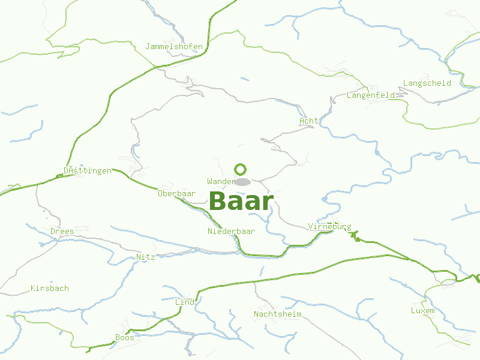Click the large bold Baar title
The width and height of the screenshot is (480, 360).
[241, 202]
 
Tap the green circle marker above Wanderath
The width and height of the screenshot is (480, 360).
[241, 169]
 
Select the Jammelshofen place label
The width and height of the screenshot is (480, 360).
[174, 46]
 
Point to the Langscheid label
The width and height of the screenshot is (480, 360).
[427, 83]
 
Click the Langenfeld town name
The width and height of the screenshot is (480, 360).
[371, 95]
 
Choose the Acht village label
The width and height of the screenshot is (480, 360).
[309, 121]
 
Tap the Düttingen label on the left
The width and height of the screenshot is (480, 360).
[88, 171]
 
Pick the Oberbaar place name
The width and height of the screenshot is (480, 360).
[177, 194]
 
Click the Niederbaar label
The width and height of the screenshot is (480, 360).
[232, 231]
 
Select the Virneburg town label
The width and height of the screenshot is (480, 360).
[329, 227]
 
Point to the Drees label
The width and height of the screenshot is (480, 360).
[62, 231]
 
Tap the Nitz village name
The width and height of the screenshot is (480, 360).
[146, 257]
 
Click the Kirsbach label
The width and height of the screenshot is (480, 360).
[50, 288]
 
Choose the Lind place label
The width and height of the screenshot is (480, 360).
[185, 302]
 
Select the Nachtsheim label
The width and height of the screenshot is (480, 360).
[277, 314]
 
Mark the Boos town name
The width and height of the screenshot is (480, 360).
[125, 338]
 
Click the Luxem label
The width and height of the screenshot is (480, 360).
[422, 310]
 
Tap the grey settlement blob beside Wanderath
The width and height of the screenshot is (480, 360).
[242, 182]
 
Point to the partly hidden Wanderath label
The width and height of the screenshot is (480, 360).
[220, 181]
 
